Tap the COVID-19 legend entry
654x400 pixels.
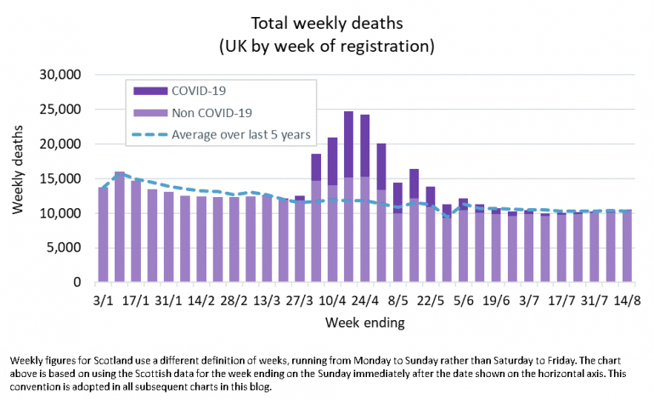pyautogui.click(x=197, y=89)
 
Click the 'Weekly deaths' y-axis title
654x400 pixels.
pyautogui.click(x=19, y=178)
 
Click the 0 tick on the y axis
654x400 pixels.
pyautogui.click(x=76, y=283)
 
